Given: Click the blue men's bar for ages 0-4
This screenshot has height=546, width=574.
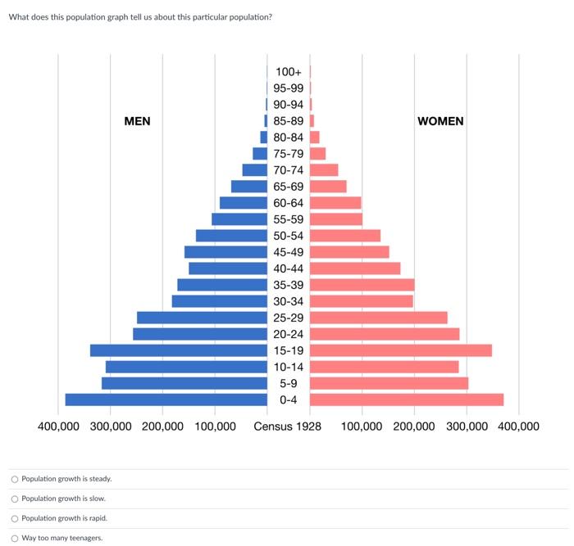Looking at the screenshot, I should tap(166, 399).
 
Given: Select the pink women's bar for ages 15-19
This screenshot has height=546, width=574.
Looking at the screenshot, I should tap(400, 350).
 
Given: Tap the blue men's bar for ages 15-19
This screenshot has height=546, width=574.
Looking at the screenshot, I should tap(179, 350).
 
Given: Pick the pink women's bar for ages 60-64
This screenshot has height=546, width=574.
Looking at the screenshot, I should tap(335, 203).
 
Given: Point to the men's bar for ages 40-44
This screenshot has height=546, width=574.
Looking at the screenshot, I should tap(228, 268).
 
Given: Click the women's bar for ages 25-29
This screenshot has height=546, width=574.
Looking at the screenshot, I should tap(378, 318).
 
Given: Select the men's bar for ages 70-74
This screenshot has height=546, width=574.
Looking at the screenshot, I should tap(254, 170).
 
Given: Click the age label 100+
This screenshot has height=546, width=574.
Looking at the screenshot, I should tap(288, 72).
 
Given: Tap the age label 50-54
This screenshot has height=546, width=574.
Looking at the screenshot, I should tap(288, 236).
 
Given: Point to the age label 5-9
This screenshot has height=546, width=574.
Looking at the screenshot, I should tap(288, 383).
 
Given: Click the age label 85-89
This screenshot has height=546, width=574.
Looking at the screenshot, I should tap(288, 121).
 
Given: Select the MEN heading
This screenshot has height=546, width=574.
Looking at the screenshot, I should tap(137, 121).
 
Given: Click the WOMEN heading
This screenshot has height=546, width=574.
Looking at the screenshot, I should tap(440, 121).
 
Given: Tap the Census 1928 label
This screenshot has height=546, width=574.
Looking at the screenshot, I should tap(287, 426).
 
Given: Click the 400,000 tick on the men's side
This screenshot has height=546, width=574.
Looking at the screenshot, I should tap(58, 426).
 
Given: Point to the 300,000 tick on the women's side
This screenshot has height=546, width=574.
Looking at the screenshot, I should tap(467, 426).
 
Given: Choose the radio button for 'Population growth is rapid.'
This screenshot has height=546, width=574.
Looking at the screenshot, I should tap(15, 518).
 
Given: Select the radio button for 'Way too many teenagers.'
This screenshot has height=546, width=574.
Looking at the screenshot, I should tap(15, 538).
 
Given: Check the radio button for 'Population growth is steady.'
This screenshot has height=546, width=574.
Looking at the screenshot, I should tap(15, 479).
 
